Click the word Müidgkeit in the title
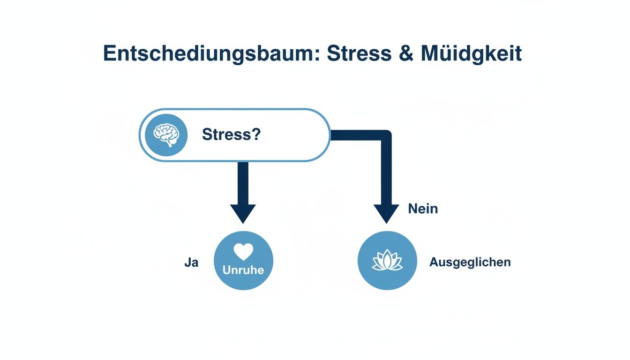click(471, 54)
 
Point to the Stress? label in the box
click(231, 135)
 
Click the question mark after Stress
click(256, 135)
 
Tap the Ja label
click(191, 262)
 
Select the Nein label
click(423, 209)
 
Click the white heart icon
click(243, 252)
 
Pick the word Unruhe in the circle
click(243, 270)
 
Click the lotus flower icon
click(387, 261)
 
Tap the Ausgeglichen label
click(470, 262)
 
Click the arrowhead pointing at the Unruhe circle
click(243, 214)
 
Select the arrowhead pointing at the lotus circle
click(386, 214)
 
